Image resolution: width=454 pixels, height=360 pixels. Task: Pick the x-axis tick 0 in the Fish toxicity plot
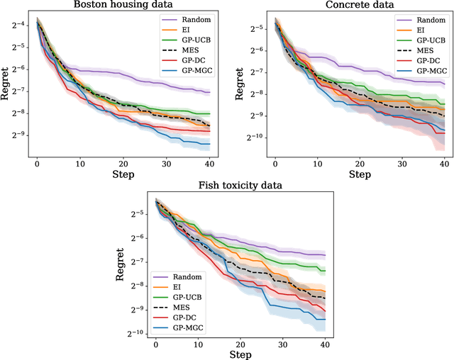156,344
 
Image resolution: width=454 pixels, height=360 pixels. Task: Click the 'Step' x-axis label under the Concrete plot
360,174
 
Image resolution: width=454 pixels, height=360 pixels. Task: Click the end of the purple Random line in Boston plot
209,92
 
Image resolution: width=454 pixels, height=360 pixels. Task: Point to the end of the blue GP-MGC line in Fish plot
325,320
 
